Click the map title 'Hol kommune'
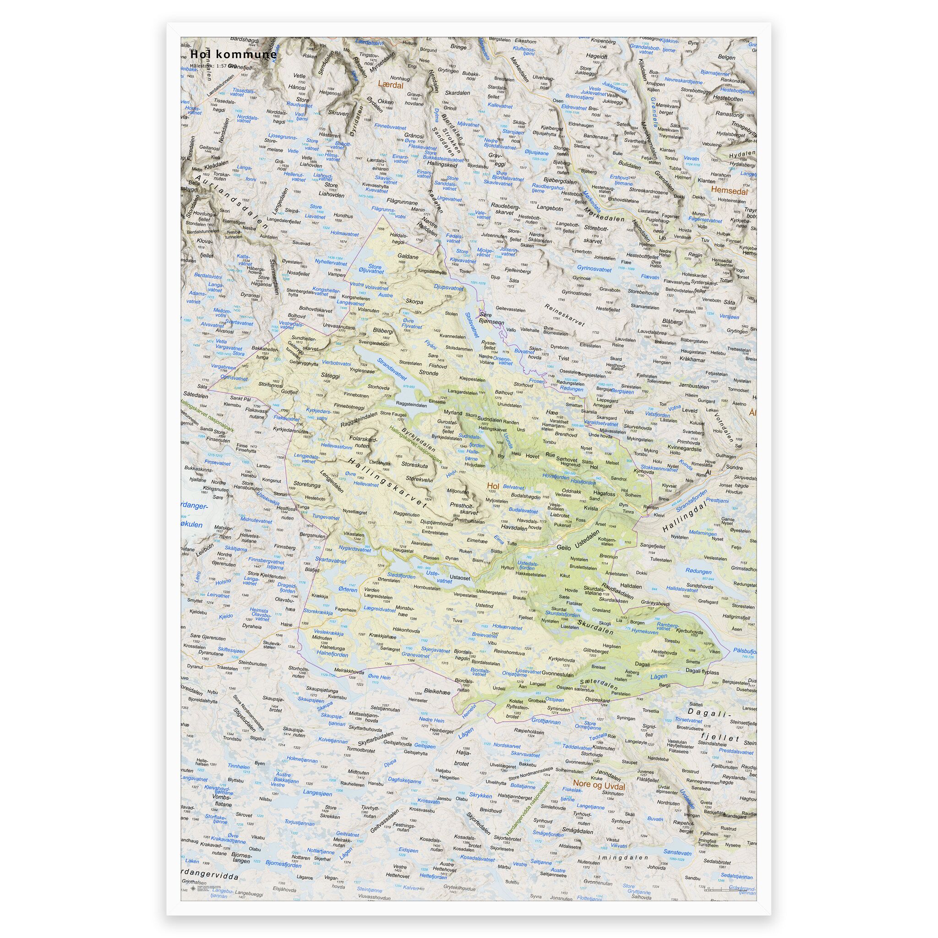234,55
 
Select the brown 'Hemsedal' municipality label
729,191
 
